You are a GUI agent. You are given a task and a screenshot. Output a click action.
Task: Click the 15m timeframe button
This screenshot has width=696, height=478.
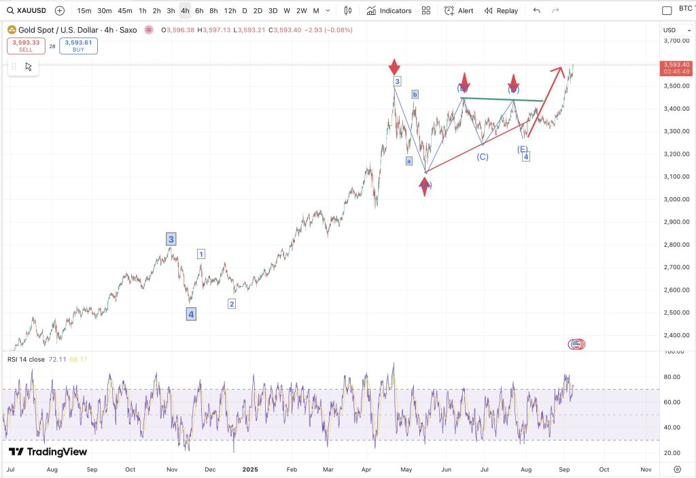coord(84,11)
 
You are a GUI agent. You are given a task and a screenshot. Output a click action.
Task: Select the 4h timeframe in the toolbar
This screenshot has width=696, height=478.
coord(185,11)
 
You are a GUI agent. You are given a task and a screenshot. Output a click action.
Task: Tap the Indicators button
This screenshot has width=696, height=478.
coord(389,11)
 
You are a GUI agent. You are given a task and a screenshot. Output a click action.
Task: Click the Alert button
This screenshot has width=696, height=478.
coord(459,11)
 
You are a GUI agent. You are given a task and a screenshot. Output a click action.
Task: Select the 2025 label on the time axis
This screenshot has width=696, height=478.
coord(251,469)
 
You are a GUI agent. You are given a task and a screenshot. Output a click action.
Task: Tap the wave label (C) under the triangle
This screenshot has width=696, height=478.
coord(482,157)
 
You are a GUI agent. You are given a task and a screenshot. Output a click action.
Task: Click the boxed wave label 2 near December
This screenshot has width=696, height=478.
coord(232,304)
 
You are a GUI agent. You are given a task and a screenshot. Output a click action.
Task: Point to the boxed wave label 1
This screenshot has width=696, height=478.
coord(201,254)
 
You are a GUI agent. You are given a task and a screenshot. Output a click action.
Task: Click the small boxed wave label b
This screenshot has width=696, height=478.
coord(415,95)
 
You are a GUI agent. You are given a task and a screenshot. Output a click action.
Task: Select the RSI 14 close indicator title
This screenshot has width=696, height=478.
coord(27,359)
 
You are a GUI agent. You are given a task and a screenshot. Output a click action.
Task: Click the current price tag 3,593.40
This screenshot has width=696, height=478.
coord(676,65)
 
